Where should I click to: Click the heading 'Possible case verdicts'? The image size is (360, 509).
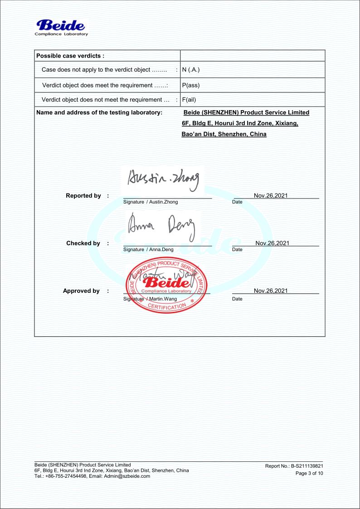pyautogui.click(x=70, y=56)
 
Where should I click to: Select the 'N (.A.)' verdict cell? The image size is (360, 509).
pyautogui.click(x=191, y=70)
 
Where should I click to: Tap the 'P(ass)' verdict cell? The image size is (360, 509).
pyautogui.click(x=190, y=85)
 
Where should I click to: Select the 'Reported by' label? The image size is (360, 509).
pyautogui.click(x=83, y=196)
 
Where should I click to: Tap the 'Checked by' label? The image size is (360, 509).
pyautogui.click(x=83, y=243)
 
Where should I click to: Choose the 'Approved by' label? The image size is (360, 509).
pyautogui.click(x=81, y=291)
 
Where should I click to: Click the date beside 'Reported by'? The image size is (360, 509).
pyautogui.click(x=271, y=195)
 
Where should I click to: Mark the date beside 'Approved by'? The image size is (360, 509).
pyautogui.click(x=271, y=291)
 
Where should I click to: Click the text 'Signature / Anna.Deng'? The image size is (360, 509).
pyautogui.click(x=148, y=249)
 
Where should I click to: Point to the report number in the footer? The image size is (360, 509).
pyautogui.click(x=294, y=466)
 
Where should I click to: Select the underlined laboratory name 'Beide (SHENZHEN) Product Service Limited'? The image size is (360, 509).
pyautogui.click(x=246, y=112)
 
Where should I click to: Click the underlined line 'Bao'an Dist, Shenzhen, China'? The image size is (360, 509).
pyautogui.click(x=224, y=134)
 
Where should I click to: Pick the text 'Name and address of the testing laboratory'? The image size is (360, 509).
pyautogui.click(x=99, y=112)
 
